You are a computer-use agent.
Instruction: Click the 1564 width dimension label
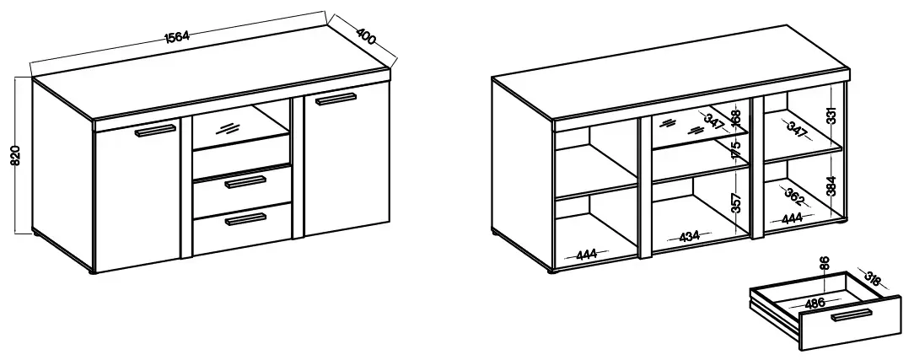click(177, 37)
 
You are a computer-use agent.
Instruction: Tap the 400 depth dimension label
click(365, 36)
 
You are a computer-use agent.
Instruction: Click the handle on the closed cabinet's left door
click(155, 131)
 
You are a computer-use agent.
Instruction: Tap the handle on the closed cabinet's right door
click(336, 99)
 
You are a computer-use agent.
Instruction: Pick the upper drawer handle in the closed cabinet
click(245, 182)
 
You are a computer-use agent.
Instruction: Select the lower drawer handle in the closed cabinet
click(245, 219)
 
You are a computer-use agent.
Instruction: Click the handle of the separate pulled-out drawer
click(852, 315)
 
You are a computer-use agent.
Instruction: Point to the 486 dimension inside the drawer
click(815, 303)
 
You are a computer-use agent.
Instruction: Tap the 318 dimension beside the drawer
click(873, 280)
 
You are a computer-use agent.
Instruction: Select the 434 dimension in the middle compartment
click(690, 237)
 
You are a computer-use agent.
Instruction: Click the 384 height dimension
click(831, 185)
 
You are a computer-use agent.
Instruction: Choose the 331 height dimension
click(831, 116)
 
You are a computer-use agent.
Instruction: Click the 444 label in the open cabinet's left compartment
click(586, 255)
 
